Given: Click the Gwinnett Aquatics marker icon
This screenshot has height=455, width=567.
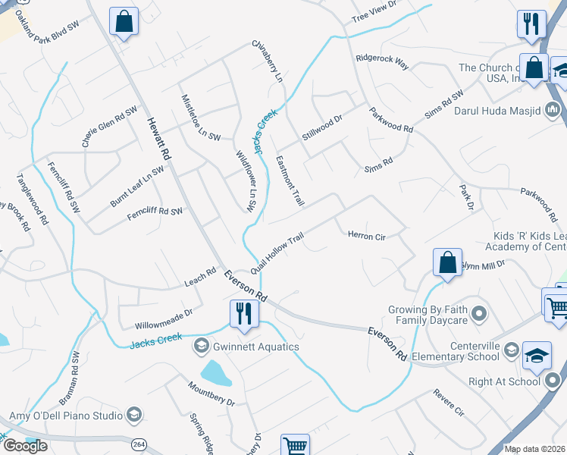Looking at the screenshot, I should (x=202, y=347).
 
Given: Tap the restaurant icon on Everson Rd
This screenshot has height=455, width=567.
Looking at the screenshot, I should (x=243, y=312).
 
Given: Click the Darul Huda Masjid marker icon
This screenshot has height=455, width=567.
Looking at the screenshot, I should (x=552, y=111).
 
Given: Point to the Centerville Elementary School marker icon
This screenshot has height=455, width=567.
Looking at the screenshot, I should (x=512, y=350).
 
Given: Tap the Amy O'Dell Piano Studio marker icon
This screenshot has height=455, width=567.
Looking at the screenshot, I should (x=134, y=415).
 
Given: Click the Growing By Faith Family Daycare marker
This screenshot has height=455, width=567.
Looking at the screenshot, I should (x=478, y=312).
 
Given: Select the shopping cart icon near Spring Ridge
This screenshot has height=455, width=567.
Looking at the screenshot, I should (x=294, y=446).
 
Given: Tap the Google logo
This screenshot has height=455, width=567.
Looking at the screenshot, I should (x=24, y=446).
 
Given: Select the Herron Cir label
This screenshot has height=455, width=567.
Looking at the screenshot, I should (x=367, y=237).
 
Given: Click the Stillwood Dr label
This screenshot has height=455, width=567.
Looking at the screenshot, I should (x=322, y=126).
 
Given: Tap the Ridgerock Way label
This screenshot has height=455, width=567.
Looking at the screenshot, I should (x=382, y=62).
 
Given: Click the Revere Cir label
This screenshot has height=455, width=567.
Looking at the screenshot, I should (x=449, y=403).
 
